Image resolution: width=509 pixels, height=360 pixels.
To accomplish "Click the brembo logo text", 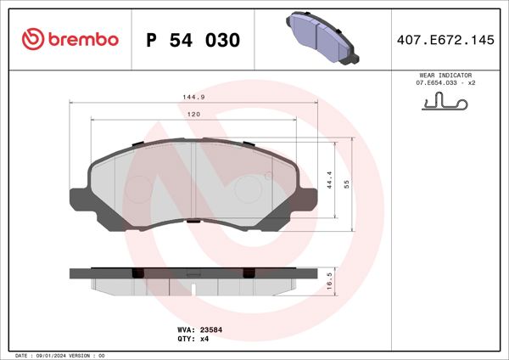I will point(82,38).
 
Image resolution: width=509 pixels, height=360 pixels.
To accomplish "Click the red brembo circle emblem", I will point(31,38).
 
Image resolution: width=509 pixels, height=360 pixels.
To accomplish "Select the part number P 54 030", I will point(193,40).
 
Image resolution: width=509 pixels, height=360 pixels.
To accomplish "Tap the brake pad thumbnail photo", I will point(323,38).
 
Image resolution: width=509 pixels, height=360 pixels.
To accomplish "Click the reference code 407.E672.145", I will point(445,39).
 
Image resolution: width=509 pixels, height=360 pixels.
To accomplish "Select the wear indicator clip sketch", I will point(445,104).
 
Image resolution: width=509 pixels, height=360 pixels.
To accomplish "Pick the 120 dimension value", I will point(193,114).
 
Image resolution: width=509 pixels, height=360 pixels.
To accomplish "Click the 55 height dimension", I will point(347,183).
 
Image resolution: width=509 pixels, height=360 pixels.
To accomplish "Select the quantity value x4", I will point(204,338).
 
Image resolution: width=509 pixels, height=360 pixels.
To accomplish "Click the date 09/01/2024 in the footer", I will point(53,355).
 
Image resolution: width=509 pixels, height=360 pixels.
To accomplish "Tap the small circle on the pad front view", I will point(269,177).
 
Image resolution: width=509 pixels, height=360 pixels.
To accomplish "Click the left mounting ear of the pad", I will point(78,200).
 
